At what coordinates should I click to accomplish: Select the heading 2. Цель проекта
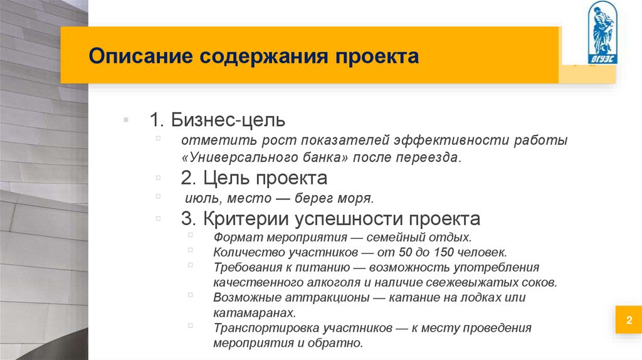(254, 178)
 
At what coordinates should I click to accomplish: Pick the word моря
(358, 199)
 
